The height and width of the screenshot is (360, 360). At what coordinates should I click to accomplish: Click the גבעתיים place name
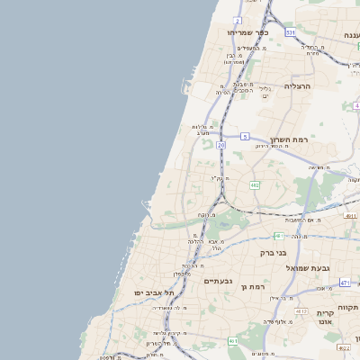click(219, 281)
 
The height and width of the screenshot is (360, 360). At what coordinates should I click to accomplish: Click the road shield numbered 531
click(291, 32)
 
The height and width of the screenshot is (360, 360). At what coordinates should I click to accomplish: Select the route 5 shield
click(244, 137)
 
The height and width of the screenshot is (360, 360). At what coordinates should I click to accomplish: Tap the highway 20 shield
click(221, 144)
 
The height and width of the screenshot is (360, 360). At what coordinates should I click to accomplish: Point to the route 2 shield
click(237, 20)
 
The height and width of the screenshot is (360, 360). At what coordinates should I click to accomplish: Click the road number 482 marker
click(255, 185)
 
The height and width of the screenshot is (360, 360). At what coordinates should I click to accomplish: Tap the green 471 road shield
click(345, 283)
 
